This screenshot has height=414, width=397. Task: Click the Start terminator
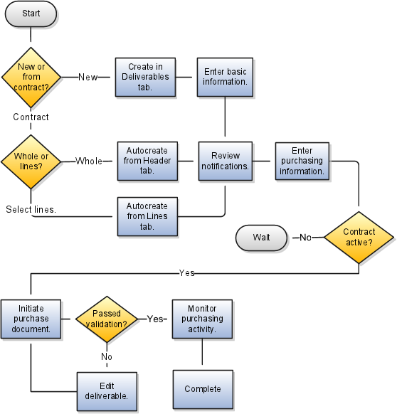pos(31,14)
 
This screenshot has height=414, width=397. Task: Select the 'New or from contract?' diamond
pos(31,77)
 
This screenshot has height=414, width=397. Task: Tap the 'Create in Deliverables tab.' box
pos(145,77)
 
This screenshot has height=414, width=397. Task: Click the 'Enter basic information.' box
pos(225,77)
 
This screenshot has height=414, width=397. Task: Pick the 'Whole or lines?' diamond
pos(31,161)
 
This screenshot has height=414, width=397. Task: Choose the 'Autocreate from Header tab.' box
pos(147,161)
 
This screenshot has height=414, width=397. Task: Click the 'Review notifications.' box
pos(226,161)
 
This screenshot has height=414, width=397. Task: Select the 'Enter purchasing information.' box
pos(302,161)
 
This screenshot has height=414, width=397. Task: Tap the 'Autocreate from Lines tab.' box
pos(147,216)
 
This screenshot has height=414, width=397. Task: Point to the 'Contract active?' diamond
pos(359,238)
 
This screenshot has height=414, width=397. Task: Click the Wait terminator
pos(261,238)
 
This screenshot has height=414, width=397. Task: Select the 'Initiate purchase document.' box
pos(31,319)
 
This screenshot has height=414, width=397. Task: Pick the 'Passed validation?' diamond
pos(107,319)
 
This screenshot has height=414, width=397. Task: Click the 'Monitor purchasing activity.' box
pos(202,319)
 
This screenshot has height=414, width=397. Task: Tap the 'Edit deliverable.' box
pos(107,391)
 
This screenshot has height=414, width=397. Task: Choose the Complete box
pos(203,389)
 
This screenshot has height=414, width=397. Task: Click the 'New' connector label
pos(88,78)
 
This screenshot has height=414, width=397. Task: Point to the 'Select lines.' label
pos(31,209)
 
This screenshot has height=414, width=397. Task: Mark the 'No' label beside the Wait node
pos(306,238)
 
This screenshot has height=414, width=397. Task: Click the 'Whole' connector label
pos(89,161)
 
